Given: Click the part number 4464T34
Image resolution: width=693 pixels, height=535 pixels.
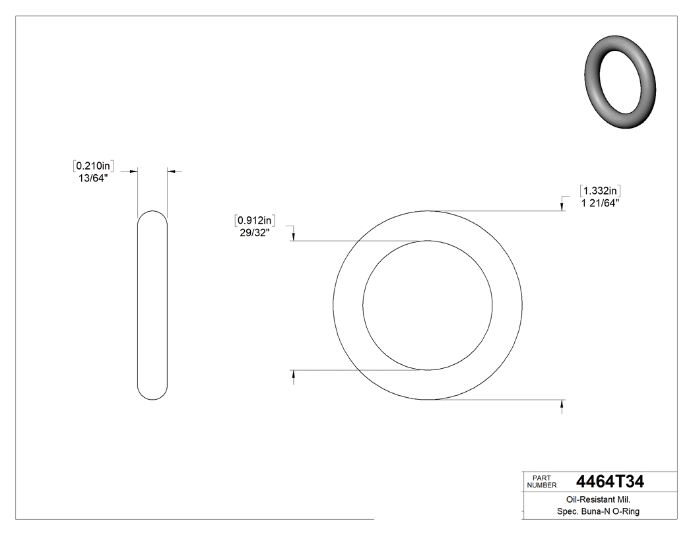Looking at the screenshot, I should [x=609, y=482].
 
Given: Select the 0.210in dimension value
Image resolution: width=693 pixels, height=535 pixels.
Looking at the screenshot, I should [x=93, y=166].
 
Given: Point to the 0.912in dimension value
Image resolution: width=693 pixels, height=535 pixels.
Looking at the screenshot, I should [x=255, y=220].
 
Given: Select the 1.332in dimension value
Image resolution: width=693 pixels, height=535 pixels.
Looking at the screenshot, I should [x=600, y=191].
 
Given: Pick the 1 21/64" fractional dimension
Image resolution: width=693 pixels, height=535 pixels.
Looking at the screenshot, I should [x=599, y=204].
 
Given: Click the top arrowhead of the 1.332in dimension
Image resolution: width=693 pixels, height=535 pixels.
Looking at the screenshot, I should [x=562, y=206].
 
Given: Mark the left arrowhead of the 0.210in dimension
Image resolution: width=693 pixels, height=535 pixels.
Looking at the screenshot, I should [x=133, y=172].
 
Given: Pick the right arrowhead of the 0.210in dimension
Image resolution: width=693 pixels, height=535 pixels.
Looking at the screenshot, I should [x=171, y=172].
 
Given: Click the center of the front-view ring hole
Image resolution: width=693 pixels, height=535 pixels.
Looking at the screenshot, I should [x=428, y=305].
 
